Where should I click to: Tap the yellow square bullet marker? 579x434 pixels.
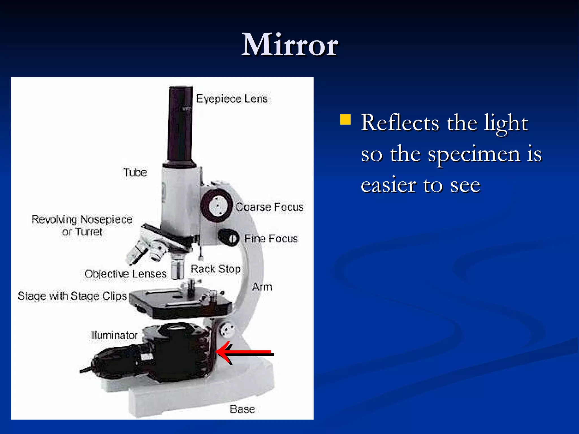pos(345,120)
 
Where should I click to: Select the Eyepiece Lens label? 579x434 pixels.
pos(232,99)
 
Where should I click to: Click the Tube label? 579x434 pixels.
pos(135,172)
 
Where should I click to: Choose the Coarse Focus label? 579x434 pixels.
pos(269,207)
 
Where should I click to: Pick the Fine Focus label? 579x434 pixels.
pos(271,239)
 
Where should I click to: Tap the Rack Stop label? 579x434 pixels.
pos(215,269)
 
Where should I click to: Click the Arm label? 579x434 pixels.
pos(262,287)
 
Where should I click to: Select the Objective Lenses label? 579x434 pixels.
pos(125,274)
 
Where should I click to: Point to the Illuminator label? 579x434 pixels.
pos(114,335)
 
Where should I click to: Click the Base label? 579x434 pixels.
pos(242,409)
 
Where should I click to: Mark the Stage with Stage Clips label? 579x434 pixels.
pos(72,296)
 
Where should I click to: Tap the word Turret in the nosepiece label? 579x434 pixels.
pos(88,232)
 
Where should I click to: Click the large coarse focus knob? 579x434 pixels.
pos(217,205)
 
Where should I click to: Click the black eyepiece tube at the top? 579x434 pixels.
pos(180,124)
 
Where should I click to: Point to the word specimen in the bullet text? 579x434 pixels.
pos(474,154)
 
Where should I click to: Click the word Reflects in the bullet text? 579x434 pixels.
pos(400,123)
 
